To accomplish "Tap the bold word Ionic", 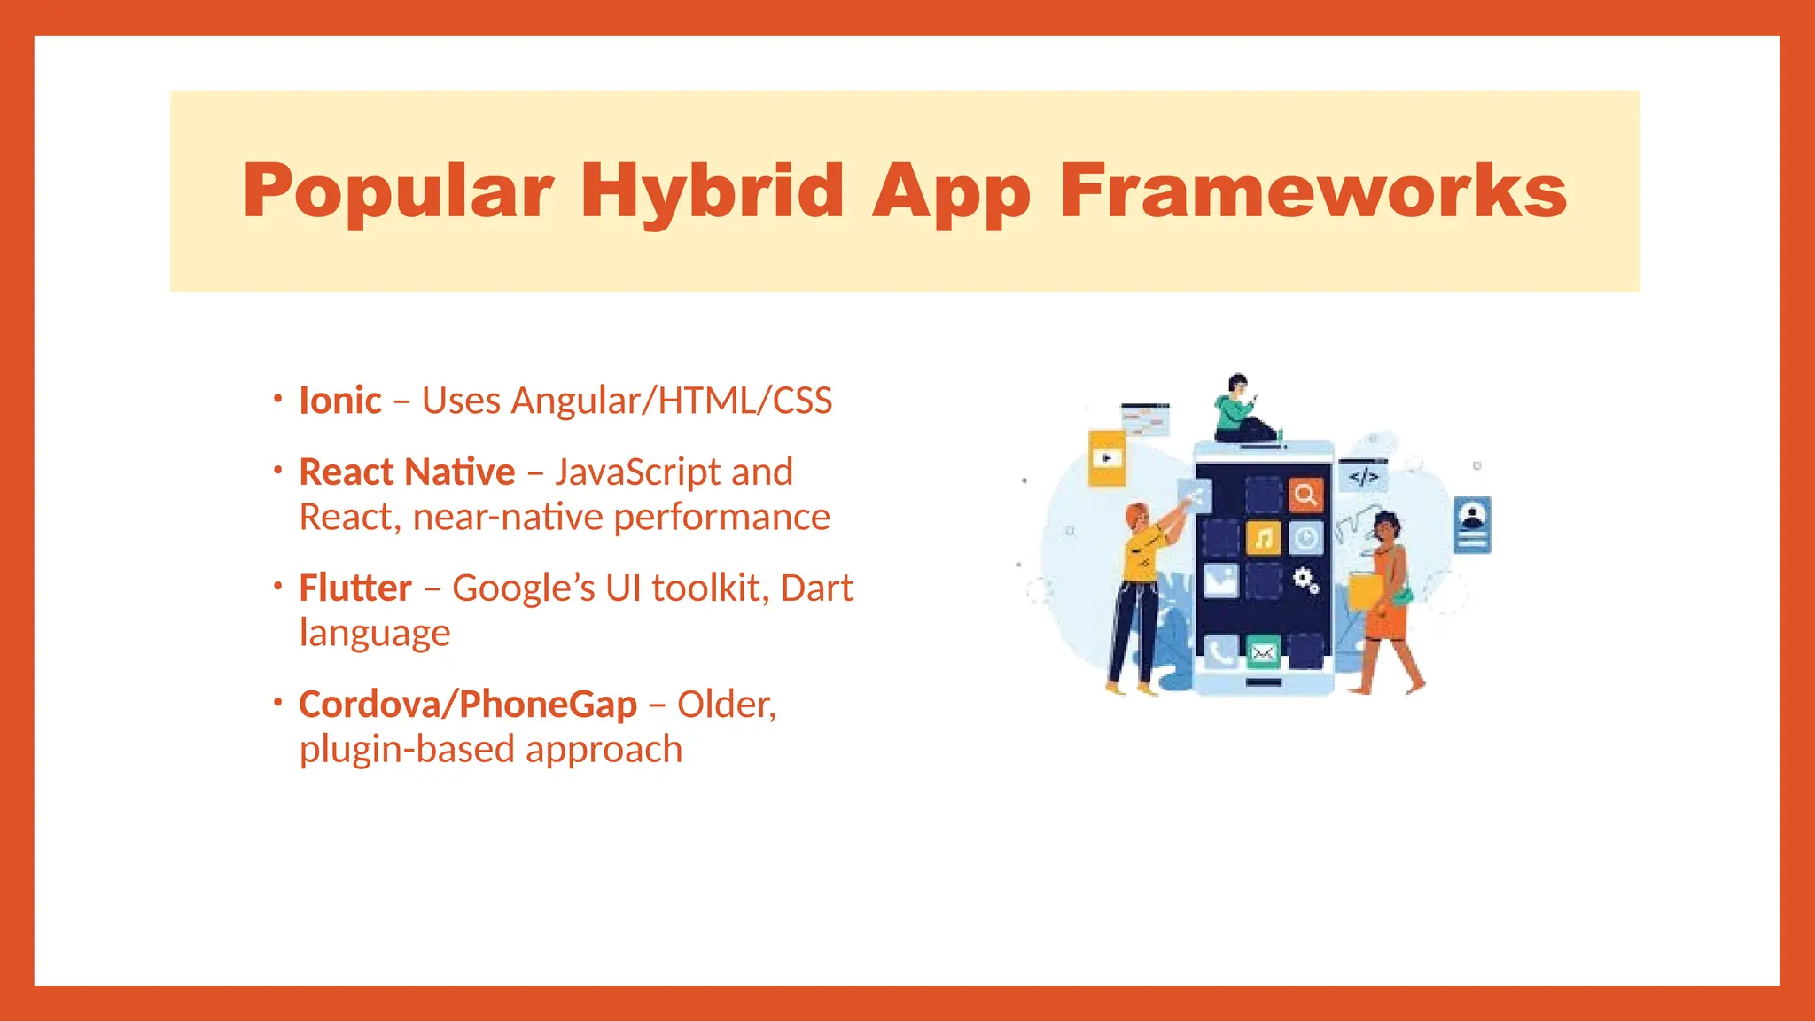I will click(x=339, y=401).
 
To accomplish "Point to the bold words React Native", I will click(x=407, y=472).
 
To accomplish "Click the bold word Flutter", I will click(x=354, y=588).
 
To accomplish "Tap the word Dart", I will click(x=816, y=588).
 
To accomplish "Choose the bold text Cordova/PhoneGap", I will click(x=467, y=704).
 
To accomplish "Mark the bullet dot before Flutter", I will click(x=277, y=586).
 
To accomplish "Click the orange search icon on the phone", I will click(x=1305, y=495).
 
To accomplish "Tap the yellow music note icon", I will click(x=1263, y=537).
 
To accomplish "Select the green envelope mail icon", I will click(x=1263, y=653).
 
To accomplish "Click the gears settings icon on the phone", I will click(x=1305, y=581).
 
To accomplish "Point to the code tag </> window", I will click(x=1363, y=477).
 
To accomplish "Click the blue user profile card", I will click(x=1472, y=525).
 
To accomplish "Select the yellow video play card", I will click(x=1106, y=458).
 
